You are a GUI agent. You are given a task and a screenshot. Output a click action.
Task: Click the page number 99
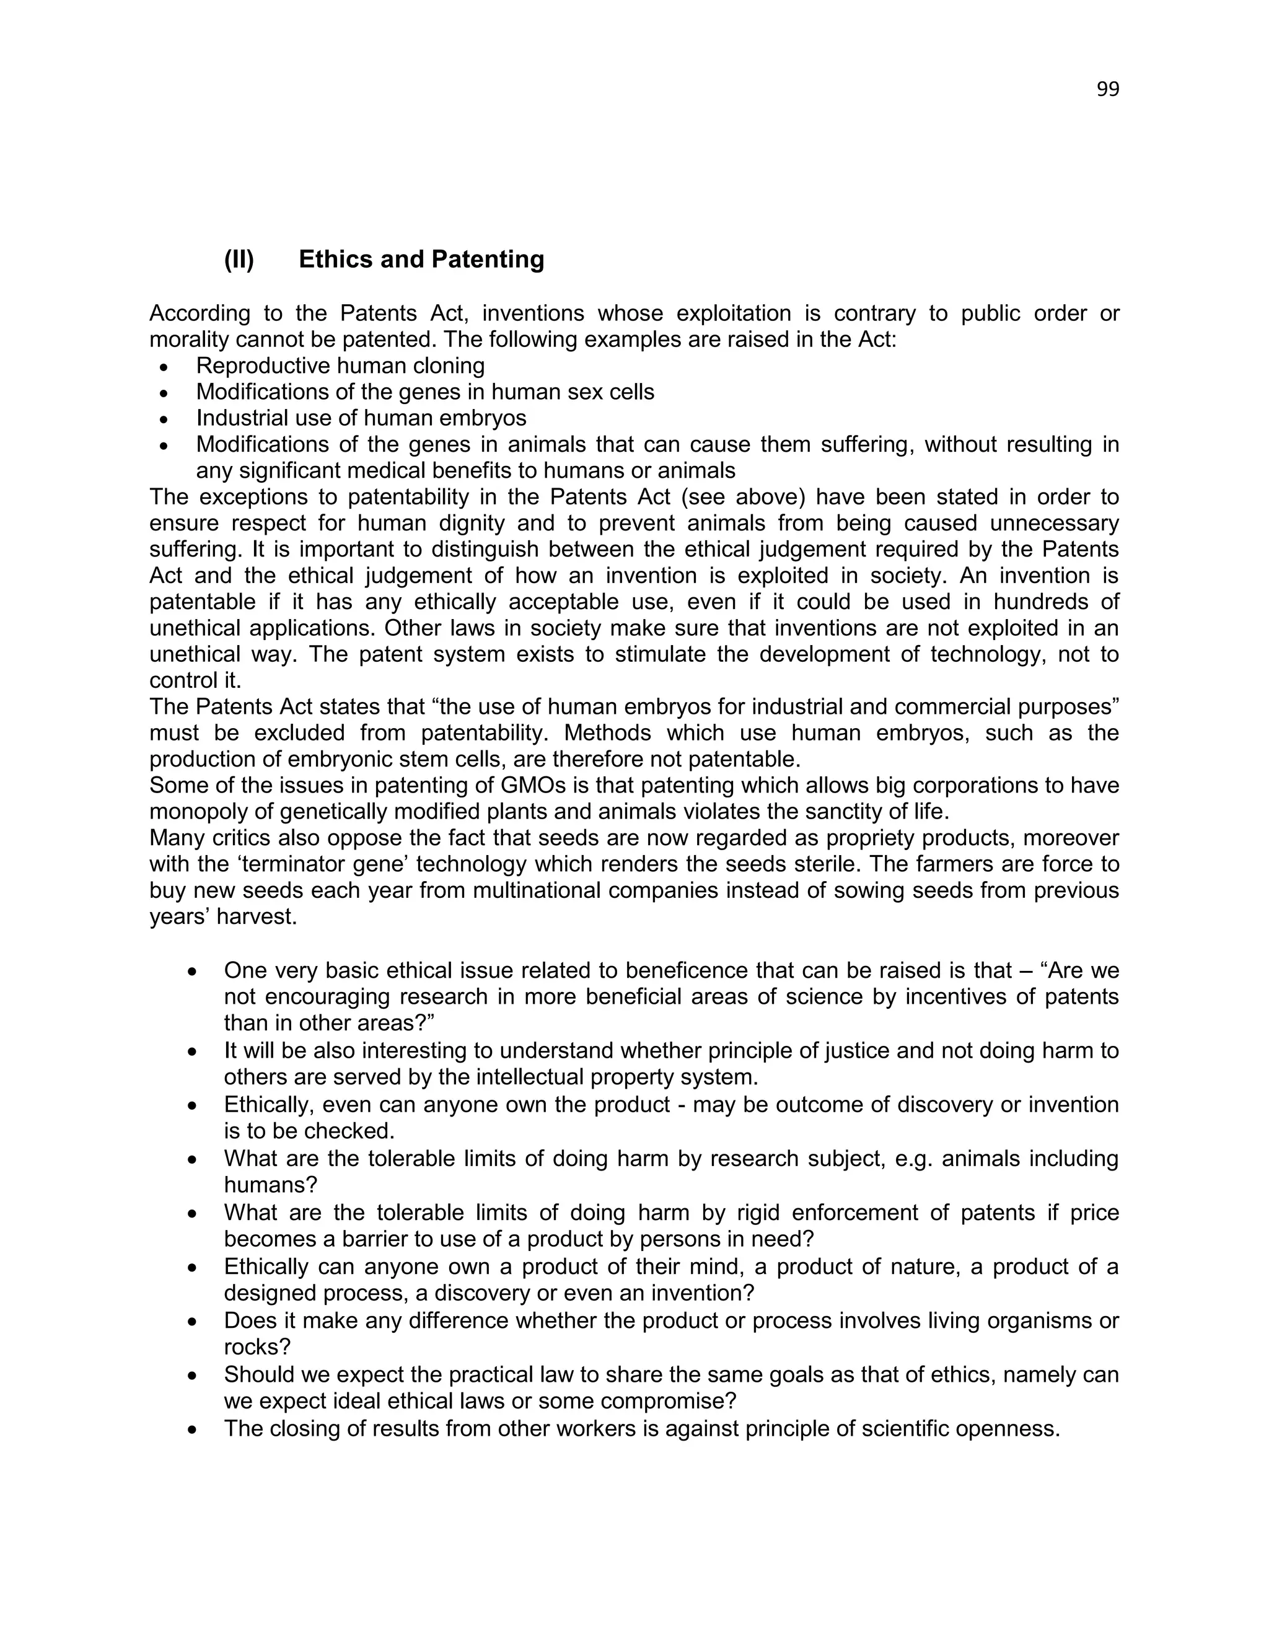[x=1107, y=89]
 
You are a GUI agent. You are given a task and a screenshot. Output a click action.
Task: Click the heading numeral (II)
[x=239, y=260]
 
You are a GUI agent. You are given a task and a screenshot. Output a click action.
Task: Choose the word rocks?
[x=257, y=1346]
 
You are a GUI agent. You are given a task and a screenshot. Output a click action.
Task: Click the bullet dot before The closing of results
[x=193, y=1428]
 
